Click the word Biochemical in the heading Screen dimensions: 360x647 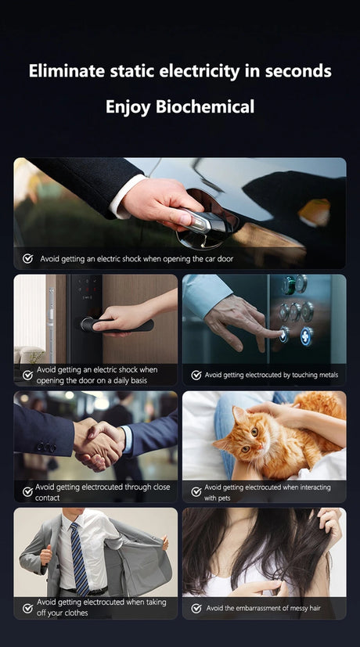[205, 107]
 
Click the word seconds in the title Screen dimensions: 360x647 [298, 71]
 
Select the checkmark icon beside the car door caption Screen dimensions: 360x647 [27, 259]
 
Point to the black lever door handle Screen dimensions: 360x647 [117, 325]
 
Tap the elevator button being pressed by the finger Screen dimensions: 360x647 [283, 334]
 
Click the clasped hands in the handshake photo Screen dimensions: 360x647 [99, 446]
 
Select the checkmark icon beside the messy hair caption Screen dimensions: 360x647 [196, 608]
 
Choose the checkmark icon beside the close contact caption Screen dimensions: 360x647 [27, 491]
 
